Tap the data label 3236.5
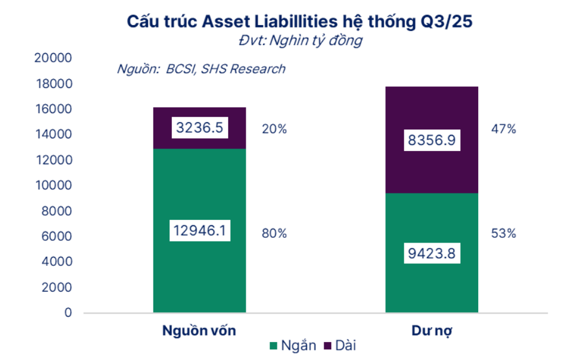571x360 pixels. click(200, 128)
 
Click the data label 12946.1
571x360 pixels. click(200, 231)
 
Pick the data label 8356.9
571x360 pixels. click(431, 140)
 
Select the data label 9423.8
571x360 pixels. click(431, 253)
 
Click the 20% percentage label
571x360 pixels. click(274, 129)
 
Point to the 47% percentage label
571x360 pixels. click(503, 129)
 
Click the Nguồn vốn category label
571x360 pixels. click(200, 331)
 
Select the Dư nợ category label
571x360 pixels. click(431, 331)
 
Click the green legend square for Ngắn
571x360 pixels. click(273, 346)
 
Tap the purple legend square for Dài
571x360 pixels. click(327, 346)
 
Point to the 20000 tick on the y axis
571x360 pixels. click(54, 58)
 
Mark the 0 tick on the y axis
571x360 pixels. click(68, 313)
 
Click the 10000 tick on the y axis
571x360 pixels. click(54, 186)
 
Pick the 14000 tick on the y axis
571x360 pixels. click(54, 135)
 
